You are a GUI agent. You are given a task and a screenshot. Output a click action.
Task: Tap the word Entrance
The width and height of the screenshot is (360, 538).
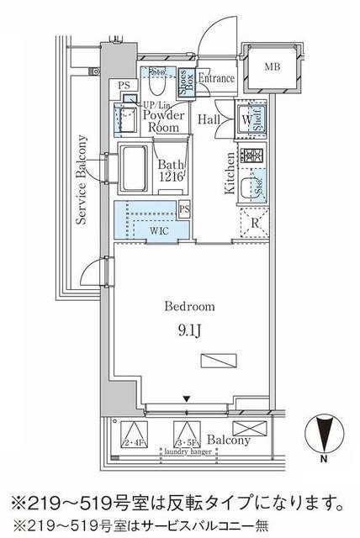point(215,78)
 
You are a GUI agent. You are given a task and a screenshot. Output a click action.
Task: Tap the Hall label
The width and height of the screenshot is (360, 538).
point(209,120)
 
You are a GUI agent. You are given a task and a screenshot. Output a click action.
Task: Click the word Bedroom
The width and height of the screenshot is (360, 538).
point(190,306)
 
